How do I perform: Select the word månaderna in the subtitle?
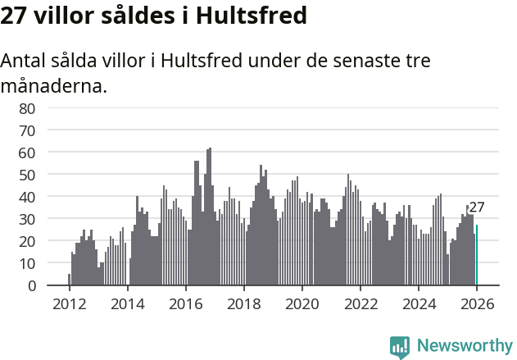54,85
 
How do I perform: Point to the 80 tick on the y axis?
27,108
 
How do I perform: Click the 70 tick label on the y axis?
27,130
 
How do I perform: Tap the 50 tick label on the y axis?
27,175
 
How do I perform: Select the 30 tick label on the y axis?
27,219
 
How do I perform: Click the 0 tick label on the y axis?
31,285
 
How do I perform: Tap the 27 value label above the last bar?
477,207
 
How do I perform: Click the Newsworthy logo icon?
400,346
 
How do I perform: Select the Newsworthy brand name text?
464,346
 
